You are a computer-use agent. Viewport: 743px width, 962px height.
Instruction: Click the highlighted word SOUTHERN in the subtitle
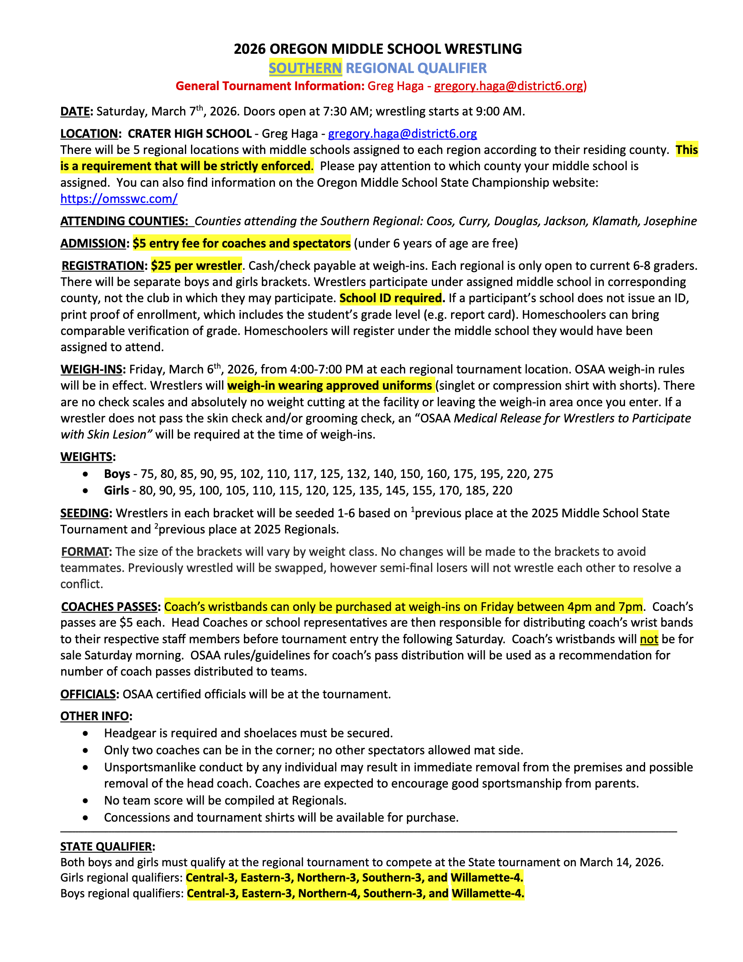(305, 68)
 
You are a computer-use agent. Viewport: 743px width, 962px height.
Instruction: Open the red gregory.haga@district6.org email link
(509, 86)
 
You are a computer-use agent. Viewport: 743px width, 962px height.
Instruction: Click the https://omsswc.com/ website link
(119, 199)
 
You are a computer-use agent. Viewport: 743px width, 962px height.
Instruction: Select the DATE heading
(75, 112)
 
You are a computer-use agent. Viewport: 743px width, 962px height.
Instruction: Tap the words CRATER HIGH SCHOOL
(190, 133)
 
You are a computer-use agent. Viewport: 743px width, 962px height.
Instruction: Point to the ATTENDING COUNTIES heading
(124, 221)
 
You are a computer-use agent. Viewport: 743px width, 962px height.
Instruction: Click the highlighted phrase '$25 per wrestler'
(196, 265)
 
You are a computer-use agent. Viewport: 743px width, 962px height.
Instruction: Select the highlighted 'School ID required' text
(391, 298)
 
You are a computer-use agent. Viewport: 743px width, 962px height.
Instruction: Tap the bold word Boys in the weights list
(117, 474)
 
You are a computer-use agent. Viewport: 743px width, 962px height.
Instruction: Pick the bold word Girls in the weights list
(117, 490)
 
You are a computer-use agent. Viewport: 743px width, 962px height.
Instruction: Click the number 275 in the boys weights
(543, 474)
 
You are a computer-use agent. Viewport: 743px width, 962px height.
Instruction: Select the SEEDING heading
(84, 513)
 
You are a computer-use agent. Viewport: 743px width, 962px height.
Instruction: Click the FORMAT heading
(85, 551)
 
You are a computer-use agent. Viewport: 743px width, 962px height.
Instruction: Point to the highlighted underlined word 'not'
(649, 639)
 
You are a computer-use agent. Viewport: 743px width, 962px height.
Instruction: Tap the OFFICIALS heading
(88, 694)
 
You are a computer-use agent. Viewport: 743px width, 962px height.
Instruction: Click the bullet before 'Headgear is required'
(85, 733)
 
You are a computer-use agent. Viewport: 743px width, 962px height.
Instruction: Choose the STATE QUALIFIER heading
(106, 847)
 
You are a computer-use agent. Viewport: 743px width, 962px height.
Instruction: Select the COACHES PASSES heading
(109, 606)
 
